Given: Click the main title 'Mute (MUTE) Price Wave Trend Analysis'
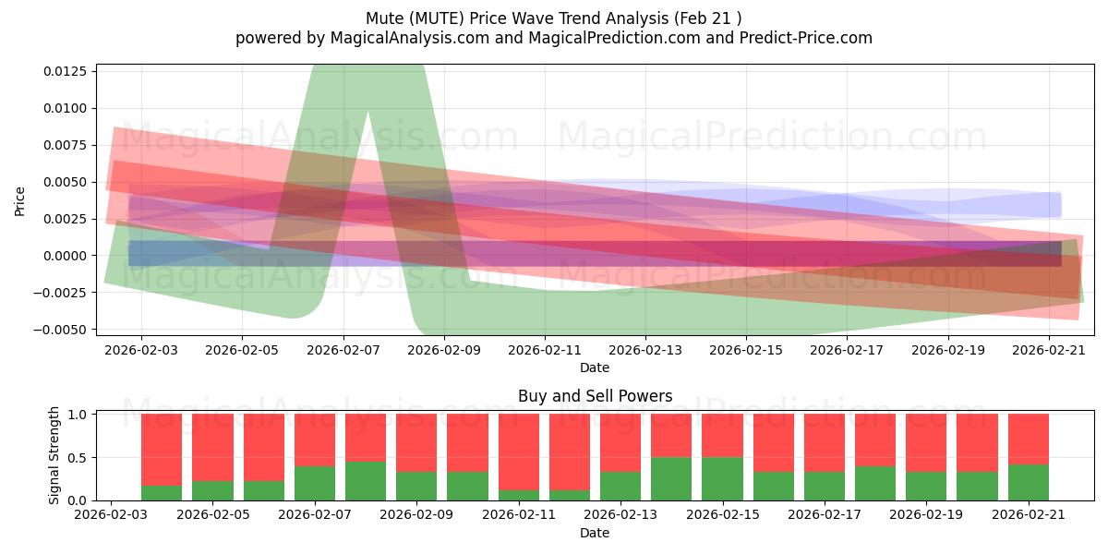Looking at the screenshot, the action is pyautogui.click(x=517, y=18).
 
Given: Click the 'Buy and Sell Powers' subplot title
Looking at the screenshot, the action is pyautogui.click(x=595, y=396).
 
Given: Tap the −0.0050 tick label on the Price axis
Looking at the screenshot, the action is pyautogui.click(x=59, y=330).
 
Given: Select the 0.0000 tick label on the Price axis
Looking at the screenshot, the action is pyautogui.click(x=65, y=256).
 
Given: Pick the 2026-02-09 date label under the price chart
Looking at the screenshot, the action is pyautogui.click(x=444, y=350).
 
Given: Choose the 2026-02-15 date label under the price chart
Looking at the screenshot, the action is pyautogui.click(x=746, y=350).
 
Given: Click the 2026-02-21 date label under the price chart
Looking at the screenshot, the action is pyautogui.click(x=1049, y=350).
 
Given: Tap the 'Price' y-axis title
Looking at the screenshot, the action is pyautogui.click(x=19, y=201).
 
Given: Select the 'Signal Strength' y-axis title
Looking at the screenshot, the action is pyautogui.click(x=54, y=455).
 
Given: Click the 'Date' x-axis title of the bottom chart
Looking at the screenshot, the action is pyautogui.click(x=595, y=533).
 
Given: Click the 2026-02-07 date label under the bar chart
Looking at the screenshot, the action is pyautogui.click(x=315, y=514).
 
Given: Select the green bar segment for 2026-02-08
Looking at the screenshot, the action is pyautogui.click(x=366, y=481).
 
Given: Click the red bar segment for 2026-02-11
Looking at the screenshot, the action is pyautogui.click(x=519, y=452).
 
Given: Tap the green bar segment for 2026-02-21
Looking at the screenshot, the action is pyautogui.click(x=1029, y=483).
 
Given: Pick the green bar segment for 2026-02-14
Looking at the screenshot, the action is pyautogui.click(x=671, y=479).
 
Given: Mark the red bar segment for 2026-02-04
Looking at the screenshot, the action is pyautogui.click(x=162, y=451).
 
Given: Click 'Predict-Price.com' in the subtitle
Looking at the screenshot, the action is pyautogui.click(x=806, y=38).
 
